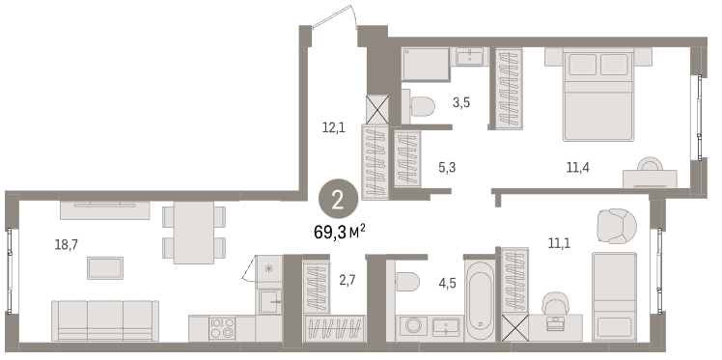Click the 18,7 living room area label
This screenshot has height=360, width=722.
pyautogui.click(x=67, y=245)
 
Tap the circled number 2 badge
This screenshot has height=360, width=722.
pyautogui.click(x=338, y=201)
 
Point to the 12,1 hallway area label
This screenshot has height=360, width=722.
pyautogui.click(x=333, y=127)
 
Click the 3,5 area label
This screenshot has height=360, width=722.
pyautogui.click(x=461, y=102)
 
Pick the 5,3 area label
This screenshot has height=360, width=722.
pyautogui.click(x=447, y=168)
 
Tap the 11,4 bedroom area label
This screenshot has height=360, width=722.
pyautogui.click(x=578, y=168)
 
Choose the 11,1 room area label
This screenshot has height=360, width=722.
pyautogui.click(x=559, y=242)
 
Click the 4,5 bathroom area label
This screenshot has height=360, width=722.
pyautogui.click(x=447, y=283)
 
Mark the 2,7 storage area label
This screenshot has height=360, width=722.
pyautogui.click(x=348, y=280)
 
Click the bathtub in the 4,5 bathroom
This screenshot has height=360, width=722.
pyautogui.click(x=480, y=300)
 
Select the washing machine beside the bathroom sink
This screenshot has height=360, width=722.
pyautogui.click(x=411, y=326)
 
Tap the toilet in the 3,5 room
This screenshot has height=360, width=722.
pyautogui.click(x=419, y=107)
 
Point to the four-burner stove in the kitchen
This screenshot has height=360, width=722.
pyautogui.click(x=222, y=328)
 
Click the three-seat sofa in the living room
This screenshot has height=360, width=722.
pyautogui.click(x=105, y=320)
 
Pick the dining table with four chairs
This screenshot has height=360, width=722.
pyautogui.click(x=194, y=233)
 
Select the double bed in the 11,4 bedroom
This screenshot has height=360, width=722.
pyautogui.click(x=598, y=95)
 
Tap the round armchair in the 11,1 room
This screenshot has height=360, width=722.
pyautogui.click(x=617, y=226)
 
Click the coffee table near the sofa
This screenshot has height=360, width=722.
pyautogui.click(x=105, y=268)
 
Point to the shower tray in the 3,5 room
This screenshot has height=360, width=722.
pyautogui.click(x=426, y=65)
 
